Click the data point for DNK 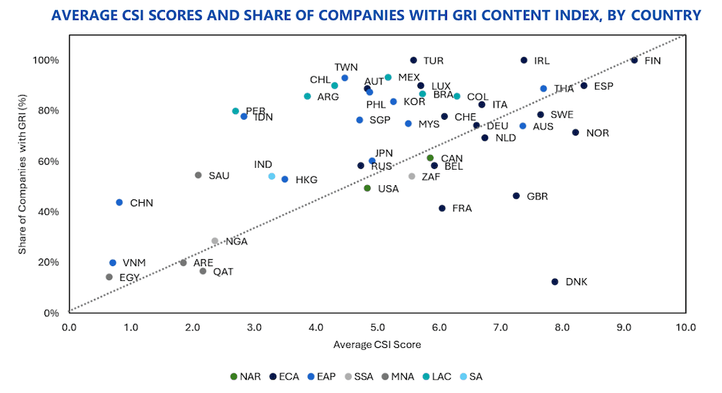[555, 282]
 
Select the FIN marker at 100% [634, 61]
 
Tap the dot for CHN [119, 203]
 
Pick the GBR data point [516, 196]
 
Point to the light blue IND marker [271, 176]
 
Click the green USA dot [367, 188]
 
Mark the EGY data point [109, 277]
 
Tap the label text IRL [541, 61]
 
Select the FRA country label [462, 208]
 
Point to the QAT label [223, 272]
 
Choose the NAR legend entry [245, 376]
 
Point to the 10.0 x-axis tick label [685, 327]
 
